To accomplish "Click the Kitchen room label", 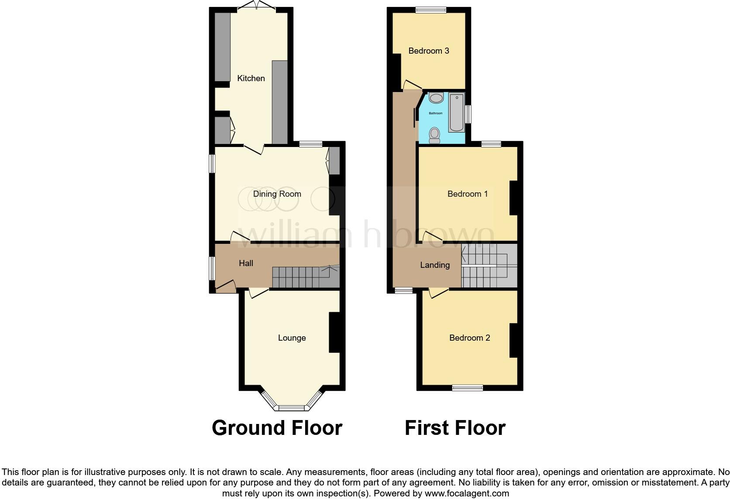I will click(251, 78).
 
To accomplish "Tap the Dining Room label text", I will click(277, 194).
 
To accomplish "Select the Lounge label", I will click(292, 338).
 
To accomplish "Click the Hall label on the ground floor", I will click(246, 263).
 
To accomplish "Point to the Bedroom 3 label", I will click(428, 51).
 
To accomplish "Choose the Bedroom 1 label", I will click(467, 194).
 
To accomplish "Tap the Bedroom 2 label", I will click(469, 338).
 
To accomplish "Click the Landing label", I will click(434, 265).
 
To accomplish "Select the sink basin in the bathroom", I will click(436, 98).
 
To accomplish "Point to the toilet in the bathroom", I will click(434, 135).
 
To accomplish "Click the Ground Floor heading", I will click(277, 428).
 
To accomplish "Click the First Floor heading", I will click(455, 428).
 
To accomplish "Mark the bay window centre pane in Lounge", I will click(291, 408).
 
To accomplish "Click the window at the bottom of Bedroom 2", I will click(467, 387).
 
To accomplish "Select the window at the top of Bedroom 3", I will click(430, 10).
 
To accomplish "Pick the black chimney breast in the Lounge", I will click(334, 332).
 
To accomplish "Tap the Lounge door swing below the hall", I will click(258, 293).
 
